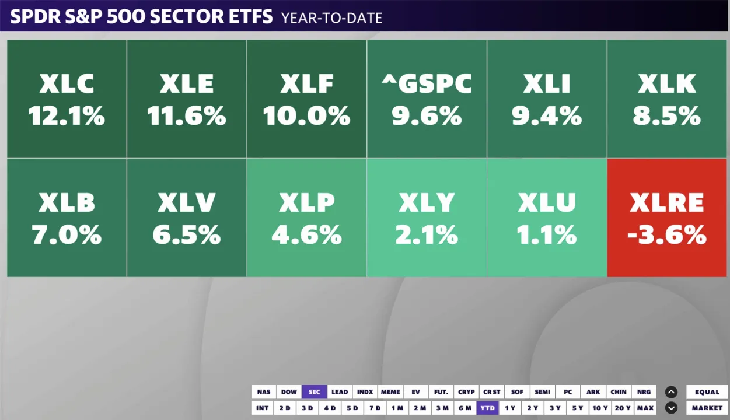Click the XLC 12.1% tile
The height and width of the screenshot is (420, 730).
67,99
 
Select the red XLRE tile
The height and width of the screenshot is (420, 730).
668,218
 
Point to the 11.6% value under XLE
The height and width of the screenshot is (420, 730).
187,116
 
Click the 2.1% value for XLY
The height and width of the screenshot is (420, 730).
427,235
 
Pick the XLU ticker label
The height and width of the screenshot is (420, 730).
547,202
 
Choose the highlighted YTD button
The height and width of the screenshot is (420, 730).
488,408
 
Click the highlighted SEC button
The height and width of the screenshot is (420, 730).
315,392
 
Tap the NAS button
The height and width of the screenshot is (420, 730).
264,392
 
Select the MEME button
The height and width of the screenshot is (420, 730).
390,392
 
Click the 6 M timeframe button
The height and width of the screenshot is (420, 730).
465,408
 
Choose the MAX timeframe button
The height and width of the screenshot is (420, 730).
645,408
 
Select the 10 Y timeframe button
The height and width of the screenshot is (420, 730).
599,408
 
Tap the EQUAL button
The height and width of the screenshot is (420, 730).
707,392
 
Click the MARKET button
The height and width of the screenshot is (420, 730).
707,408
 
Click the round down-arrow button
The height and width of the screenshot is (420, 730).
671,408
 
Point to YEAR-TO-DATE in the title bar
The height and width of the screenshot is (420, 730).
331,18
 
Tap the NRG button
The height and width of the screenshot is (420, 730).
644,392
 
